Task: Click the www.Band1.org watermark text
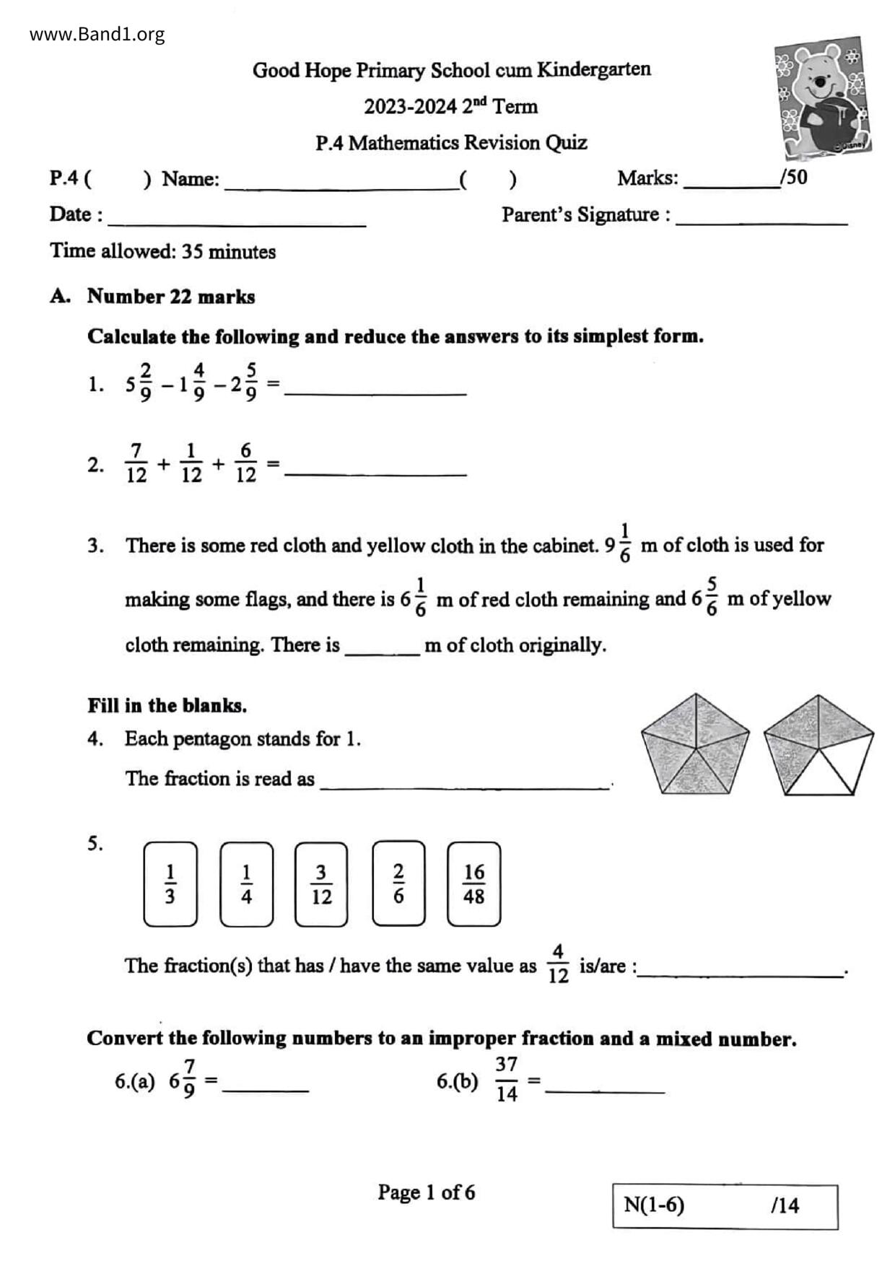pos(97,34)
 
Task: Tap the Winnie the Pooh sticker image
pos(822,98)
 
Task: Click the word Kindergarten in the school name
pos(593,69)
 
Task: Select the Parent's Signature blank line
pos(761,220)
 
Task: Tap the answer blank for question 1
pos(375,388)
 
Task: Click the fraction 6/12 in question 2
pos(245,463)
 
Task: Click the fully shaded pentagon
pos(694,744)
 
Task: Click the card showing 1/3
pos(170,883)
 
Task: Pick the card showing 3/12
pos(321,883)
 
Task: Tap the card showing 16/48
pos(473,883)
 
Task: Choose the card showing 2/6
pos(398,883)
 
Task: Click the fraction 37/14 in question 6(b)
pos(507,1079)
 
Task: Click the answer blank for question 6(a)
pos(266,1086)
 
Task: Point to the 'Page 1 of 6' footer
pos(426,1192)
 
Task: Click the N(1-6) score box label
pos(654,1205)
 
